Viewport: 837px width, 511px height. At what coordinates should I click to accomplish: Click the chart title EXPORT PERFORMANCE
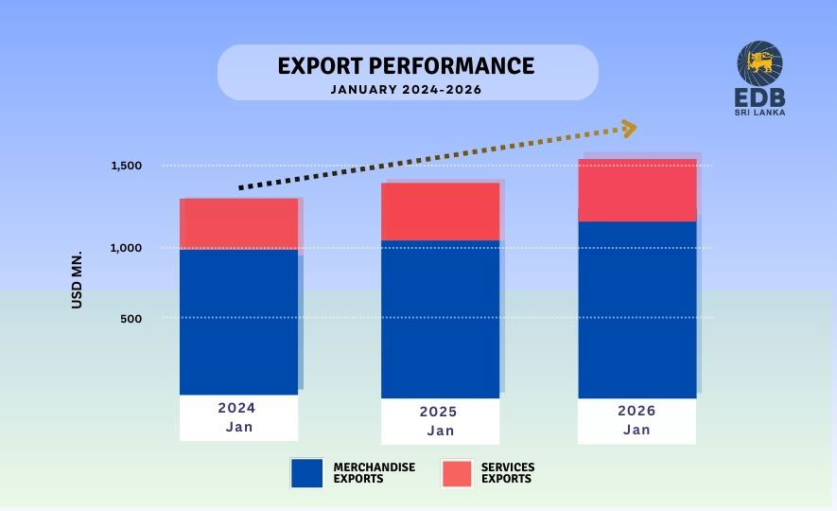pos(406,65)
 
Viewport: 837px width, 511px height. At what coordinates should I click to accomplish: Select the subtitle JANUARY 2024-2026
pos(406,90)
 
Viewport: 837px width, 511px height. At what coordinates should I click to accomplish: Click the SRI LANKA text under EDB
pos(760,113)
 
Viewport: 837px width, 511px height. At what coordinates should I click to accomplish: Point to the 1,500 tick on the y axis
pos(126,166)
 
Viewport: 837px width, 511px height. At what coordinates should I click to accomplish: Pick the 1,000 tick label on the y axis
pos(126,248)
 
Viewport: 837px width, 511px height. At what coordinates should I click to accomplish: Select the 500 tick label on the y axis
pos(131,319)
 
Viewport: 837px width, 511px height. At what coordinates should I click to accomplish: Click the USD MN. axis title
pos(78,280)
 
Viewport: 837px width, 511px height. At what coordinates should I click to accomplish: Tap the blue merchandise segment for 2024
pos(238,322)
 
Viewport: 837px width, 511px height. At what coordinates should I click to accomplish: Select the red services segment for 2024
pos(238,223)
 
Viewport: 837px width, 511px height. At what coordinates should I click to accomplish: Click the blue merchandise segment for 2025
pos(440,319)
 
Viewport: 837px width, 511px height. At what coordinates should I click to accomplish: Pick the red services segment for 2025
pos(440,211)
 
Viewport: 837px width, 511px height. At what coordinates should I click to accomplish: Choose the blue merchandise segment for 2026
pos(636,309)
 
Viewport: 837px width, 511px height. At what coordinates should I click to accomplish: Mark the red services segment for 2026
pos(636,190)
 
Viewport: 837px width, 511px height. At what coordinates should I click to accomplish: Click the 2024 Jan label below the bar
pos(238,417)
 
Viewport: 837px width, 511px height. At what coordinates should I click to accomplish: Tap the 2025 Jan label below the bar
pos(440,421)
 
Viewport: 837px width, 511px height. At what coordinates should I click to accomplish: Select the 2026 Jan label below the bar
pos(636,420)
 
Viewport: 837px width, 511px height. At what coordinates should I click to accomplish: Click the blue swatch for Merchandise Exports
pos(306,473)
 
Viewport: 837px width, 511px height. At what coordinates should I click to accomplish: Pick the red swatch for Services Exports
pos(457,473)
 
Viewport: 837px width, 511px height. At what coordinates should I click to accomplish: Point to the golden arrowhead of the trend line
pos(627,128)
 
